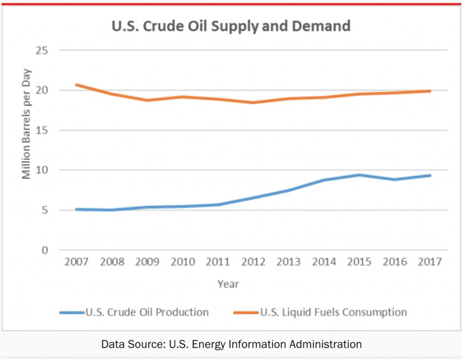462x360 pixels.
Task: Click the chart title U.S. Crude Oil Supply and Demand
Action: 231,26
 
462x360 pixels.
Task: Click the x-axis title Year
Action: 228,284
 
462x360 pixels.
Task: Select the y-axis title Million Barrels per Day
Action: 27,124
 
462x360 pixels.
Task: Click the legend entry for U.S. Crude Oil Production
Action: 147,312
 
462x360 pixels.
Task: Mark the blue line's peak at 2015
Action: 360,175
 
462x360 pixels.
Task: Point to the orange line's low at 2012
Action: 253,102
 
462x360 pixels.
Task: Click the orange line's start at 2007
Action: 76,85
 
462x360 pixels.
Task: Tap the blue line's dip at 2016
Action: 395,180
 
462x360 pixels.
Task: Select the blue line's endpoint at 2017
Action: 430,175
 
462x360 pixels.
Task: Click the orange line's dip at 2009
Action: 147,100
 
